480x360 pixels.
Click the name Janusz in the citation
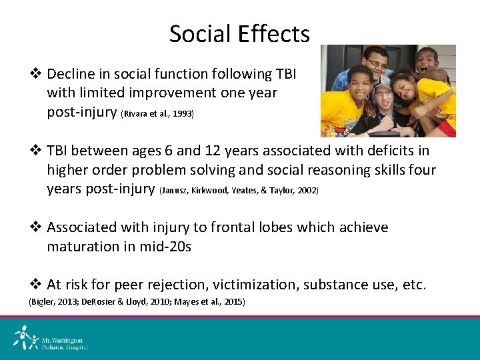[x=174, y=191]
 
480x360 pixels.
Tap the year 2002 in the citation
[x=307, y=191]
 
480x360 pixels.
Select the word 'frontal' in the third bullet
[x=235, y=227]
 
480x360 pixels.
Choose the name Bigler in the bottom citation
[x=41, y=302]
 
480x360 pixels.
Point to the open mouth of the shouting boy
[x=425, y=67]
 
